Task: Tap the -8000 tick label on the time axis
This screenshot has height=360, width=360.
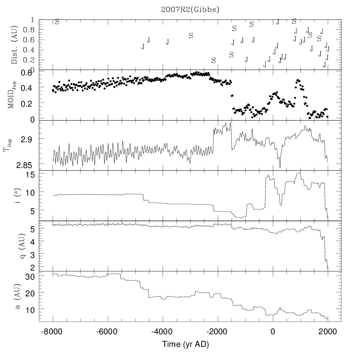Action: [52, 331]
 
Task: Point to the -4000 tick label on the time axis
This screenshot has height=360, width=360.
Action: [162, 331]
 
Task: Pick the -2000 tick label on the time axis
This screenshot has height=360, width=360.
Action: [217, 331]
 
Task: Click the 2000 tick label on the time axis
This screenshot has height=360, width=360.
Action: [327, 331]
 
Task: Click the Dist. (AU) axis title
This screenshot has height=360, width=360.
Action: [14, 44]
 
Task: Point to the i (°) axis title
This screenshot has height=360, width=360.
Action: [14, 196]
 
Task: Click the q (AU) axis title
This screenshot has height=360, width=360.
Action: [14, 246]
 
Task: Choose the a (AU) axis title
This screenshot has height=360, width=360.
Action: [14, 297]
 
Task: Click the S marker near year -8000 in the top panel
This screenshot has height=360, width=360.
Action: [57, 22]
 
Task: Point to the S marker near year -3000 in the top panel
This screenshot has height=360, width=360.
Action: [191, 35]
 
